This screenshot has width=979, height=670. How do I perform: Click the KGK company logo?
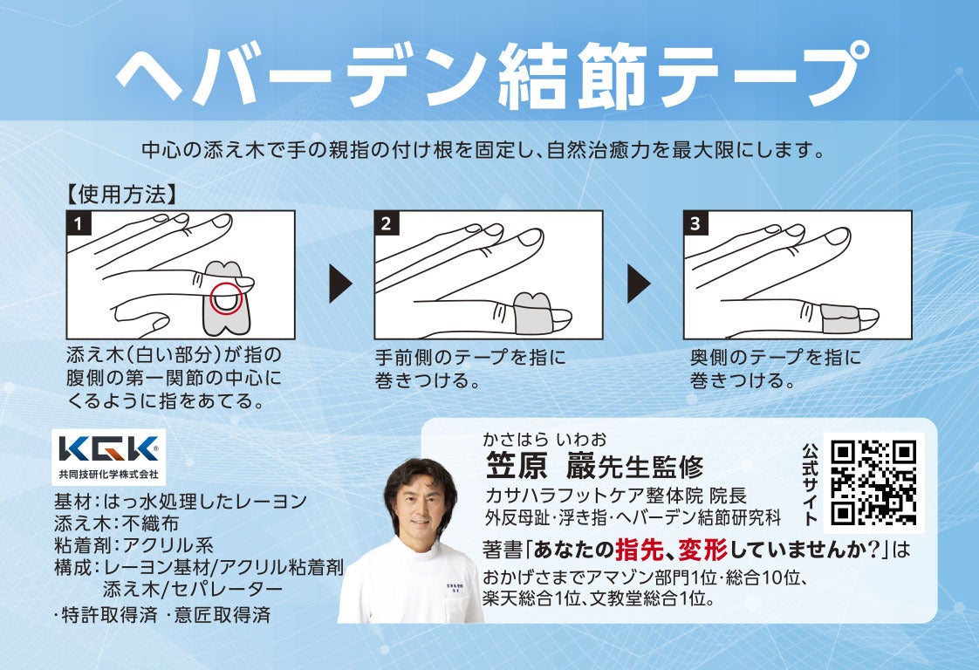tap(109, 456)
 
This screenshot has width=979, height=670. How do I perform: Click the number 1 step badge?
tap(79, 223)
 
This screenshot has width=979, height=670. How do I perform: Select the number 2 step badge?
tap(386, 223)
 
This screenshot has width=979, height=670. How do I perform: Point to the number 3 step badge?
tap(695, 223)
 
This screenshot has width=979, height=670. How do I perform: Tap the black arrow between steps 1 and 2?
tap(340, 283)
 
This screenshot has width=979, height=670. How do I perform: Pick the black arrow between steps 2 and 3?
tap(638, 283)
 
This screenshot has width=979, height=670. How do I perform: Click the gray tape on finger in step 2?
tap(532, 313)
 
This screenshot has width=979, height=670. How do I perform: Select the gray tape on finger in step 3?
tap(840, 318)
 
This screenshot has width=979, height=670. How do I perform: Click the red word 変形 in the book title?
tap(703, 550)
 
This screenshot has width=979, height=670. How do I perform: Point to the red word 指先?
tap(638, 550)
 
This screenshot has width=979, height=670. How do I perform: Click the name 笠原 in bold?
tap(517, 465)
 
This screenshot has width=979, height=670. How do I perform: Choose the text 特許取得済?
tap(109, 614)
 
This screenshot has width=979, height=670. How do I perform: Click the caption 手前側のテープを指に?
tap(470, 357)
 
